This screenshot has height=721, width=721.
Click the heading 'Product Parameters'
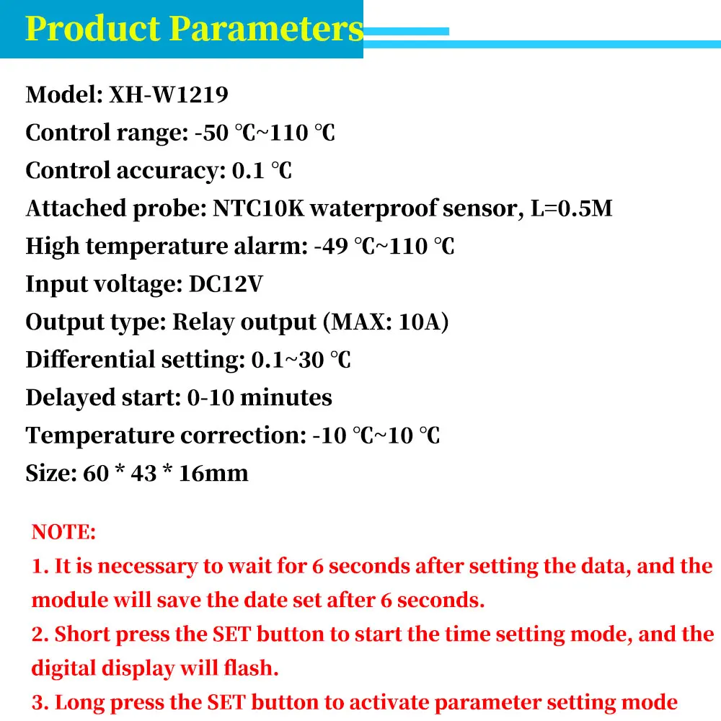(194, 29)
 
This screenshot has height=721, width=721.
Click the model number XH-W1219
(169, 95)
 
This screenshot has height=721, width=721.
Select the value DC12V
(226, 284)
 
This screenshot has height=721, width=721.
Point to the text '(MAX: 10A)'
(389, 322)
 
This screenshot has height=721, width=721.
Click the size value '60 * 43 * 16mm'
(166, 473)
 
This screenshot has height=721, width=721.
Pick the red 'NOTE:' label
(63, 533)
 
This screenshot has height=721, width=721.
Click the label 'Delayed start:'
(103, 397)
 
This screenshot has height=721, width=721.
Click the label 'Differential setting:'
(135, 360)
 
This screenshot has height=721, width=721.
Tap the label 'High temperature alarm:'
(167, 247)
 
